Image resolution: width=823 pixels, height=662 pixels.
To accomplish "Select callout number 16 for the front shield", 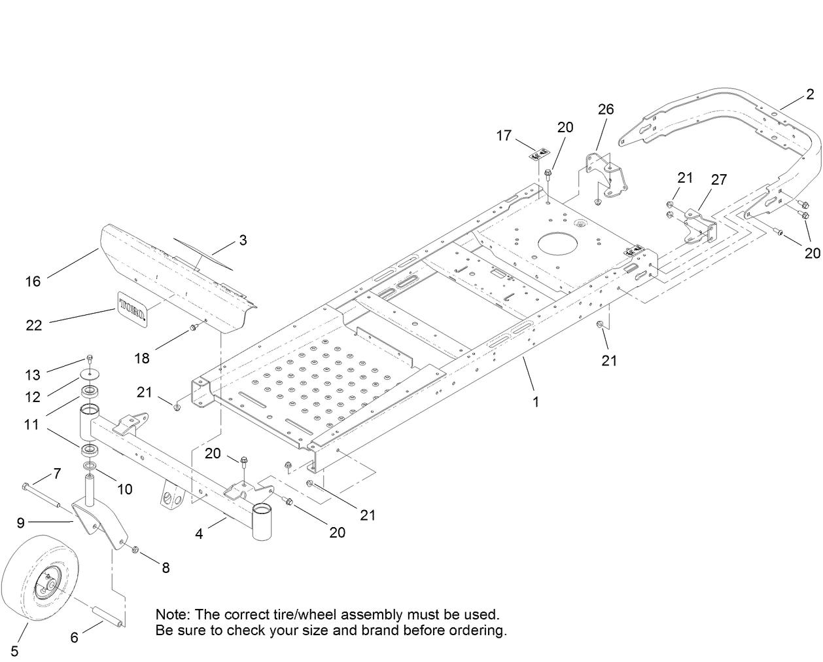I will click(x=33, y=282).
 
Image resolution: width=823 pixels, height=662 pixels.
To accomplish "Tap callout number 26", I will click(x=606, y=109).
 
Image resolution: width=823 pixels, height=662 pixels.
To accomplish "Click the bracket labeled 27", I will click(x=697, y=227).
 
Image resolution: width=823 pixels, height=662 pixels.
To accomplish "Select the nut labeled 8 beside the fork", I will click(x=136, y=549).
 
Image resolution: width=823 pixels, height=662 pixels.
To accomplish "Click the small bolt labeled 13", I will click(x=90, y=359).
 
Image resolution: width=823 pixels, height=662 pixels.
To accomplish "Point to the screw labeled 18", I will click(x=193, y=327).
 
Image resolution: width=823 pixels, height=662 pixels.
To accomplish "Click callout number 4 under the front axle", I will click(x=200, y=534).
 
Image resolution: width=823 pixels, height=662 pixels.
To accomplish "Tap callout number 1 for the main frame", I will click(x=536, y=402).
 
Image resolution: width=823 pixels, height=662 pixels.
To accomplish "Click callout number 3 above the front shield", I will click(x=243, y=240).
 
